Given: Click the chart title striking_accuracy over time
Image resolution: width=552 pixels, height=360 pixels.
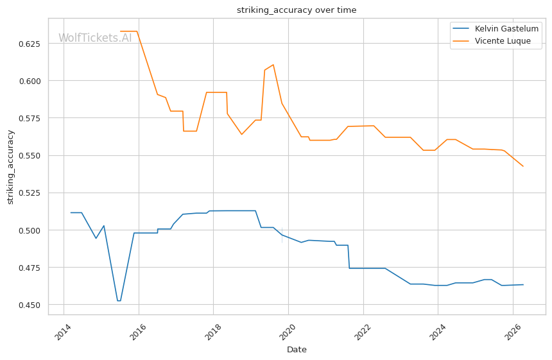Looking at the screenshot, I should tap(297, 10).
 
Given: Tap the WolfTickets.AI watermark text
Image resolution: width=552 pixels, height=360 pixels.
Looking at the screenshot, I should tap(95, 39).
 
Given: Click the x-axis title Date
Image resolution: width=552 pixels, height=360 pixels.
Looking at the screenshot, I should tap(297, 350).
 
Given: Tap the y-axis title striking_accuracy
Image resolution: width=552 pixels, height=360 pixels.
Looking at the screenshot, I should tap(10, 167).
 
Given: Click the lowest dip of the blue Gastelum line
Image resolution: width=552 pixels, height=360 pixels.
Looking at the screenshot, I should tap(119, 301).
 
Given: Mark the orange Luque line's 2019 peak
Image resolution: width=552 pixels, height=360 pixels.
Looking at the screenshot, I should tap(273, 64).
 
